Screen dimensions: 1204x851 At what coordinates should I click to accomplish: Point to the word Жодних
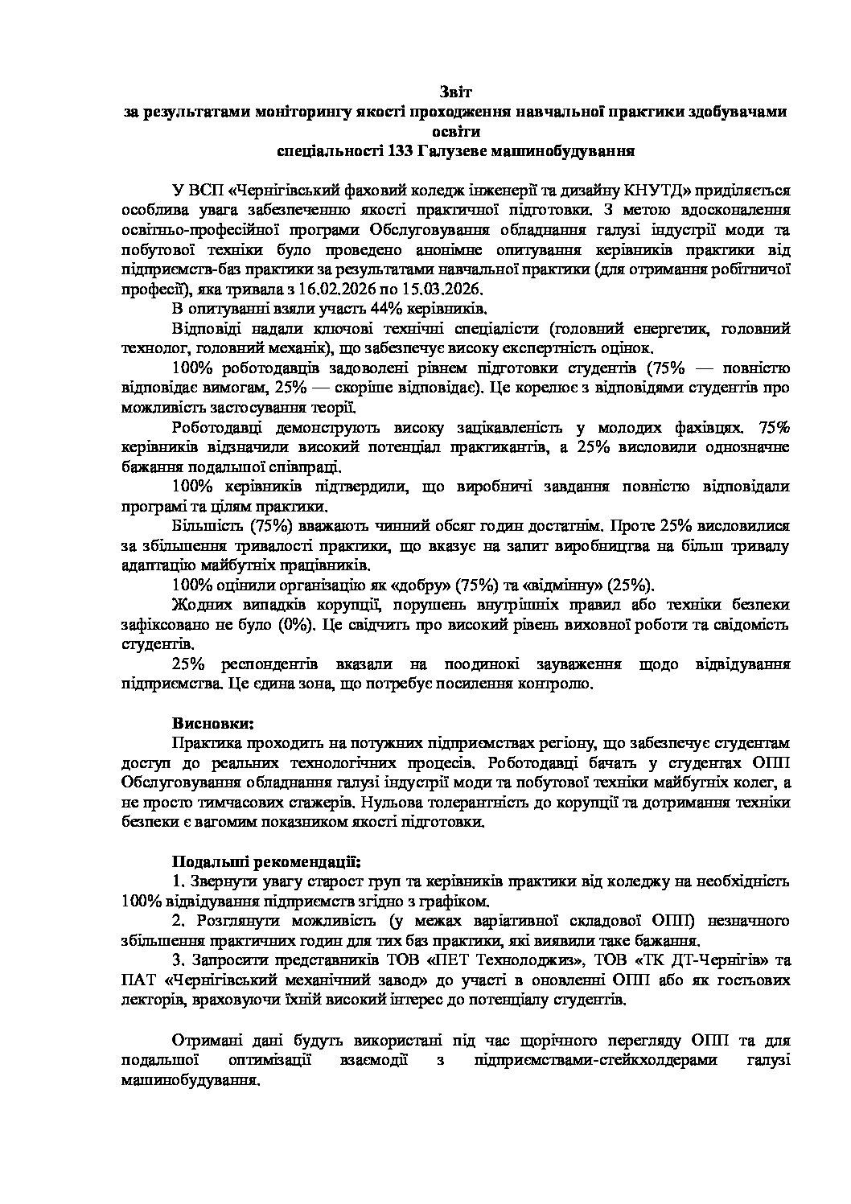(197, 604)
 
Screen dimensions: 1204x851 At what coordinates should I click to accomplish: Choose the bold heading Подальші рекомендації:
(266, 862)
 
